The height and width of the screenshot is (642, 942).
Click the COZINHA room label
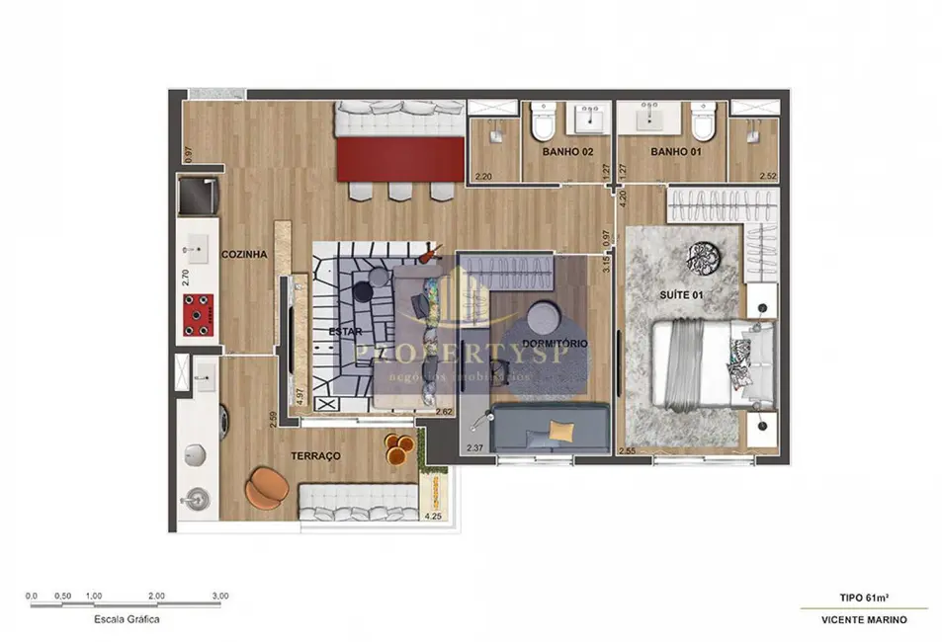point(244,254)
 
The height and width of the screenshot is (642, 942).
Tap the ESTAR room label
point(344,332)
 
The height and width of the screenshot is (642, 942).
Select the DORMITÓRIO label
point(555,343)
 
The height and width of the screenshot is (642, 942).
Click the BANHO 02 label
point(566,153)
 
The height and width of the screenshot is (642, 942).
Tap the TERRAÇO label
point(316,455)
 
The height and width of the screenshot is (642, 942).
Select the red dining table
point(400,160)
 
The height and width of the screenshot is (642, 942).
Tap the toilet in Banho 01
point(703,123)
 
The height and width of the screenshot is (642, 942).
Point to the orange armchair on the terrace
point(268,485)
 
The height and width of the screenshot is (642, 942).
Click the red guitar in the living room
point(430,254)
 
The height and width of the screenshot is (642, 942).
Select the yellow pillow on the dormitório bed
point(561,430)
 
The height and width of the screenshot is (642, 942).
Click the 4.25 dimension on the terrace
point(432,514)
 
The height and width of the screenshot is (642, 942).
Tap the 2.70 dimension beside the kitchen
point(185,277)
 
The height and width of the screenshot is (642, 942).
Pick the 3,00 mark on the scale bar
point(219,596)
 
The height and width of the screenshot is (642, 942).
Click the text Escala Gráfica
point(126,619)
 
